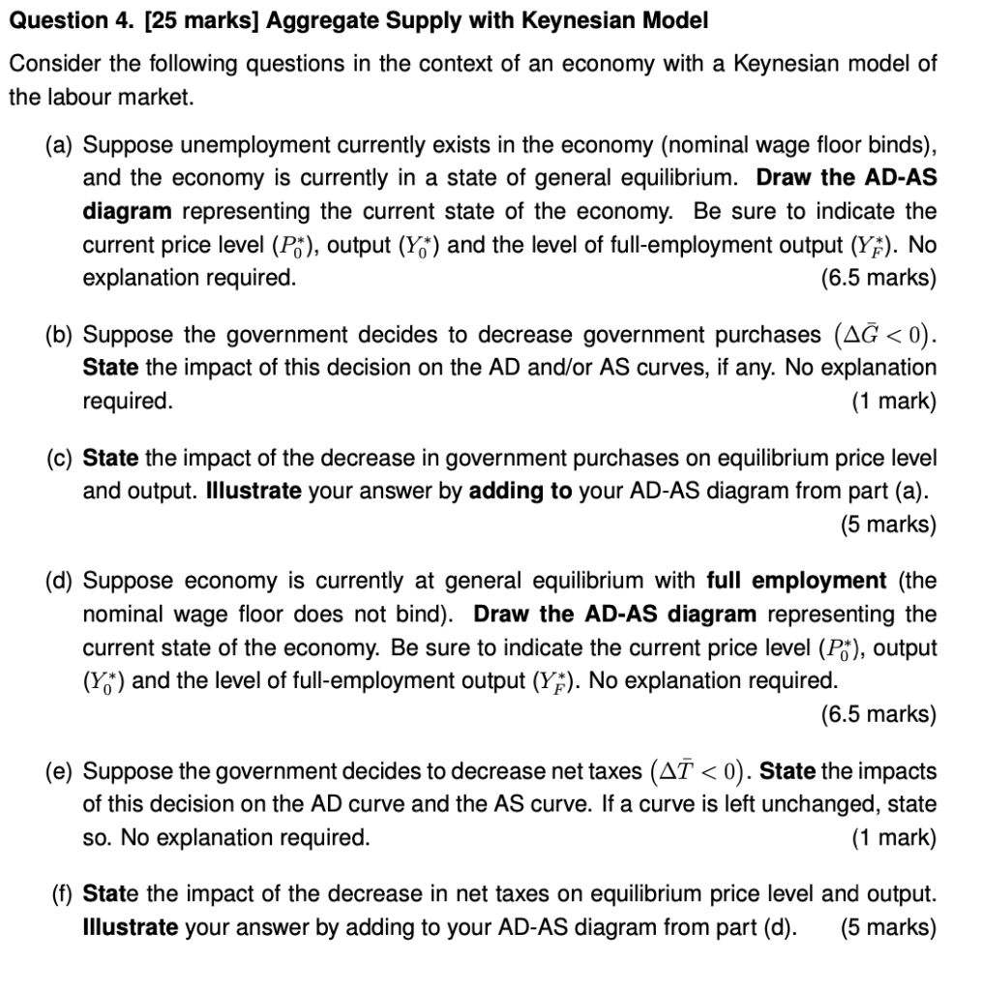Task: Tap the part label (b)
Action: tap(60, 335)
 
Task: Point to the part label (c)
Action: tap(60, 457)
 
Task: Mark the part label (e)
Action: tap(60, 771)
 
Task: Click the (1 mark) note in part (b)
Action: tap(893, 401)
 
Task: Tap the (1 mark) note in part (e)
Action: tap(893, 837)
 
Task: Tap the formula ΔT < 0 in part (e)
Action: tap(699, 771)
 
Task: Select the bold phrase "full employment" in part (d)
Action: tap(796, 581)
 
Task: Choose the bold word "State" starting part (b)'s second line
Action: tap(110, 368)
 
